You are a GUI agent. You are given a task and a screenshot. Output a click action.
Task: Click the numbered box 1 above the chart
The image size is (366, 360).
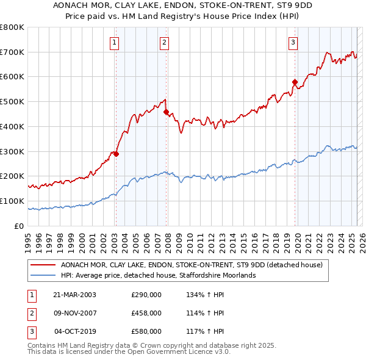[115, 42]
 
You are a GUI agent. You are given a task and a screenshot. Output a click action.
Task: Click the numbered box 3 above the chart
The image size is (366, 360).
[293, 42]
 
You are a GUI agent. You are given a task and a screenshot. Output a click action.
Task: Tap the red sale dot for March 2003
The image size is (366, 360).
[116, 154]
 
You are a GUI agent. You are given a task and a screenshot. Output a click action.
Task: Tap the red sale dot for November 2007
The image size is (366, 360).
[166, 112]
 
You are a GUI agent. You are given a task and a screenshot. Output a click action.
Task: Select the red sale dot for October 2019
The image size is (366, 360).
[295, 82]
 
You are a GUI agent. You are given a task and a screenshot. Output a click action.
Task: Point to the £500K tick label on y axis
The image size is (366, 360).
[12, 101]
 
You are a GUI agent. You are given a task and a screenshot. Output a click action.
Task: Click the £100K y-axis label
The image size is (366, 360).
[12, 201]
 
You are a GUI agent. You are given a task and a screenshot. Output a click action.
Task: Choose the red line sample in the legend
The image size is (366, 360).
[43, 265]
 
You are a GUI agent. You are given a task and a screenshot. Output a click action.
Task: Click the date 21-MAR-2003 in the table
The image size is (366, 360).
[75, 295]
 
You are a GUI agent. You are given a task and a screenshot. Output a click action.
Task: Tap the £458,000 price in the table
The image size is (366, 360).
[146, 313]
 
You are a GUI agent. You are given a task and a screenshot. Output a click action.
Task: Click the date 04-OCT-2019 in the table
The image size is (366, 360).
[75, 331]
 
